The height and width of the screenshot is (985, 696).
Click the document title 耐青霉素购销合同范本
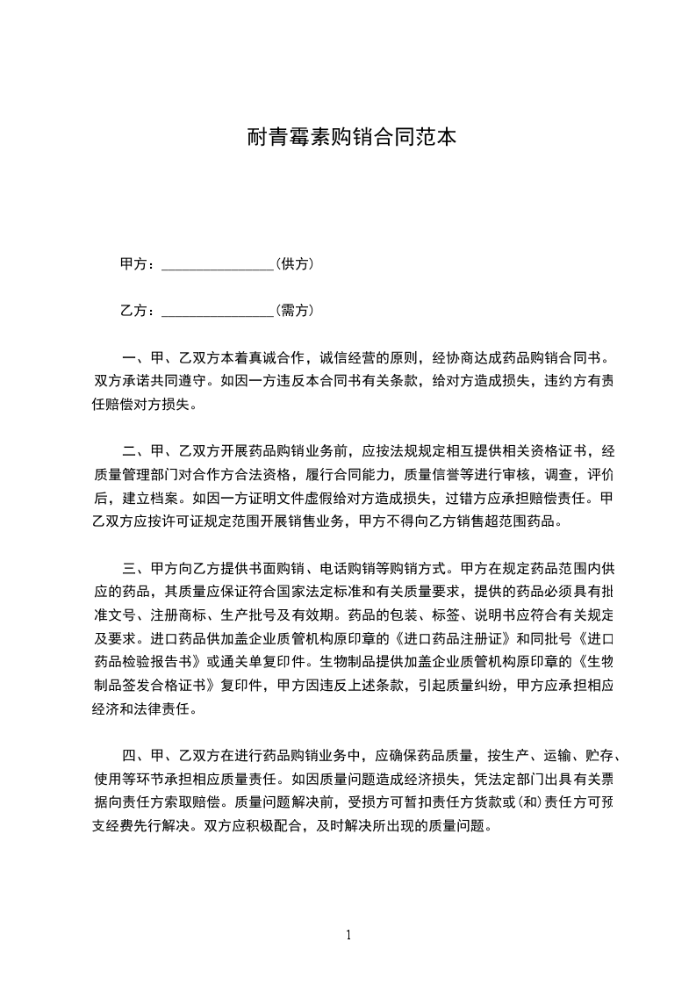click(x=348, y=138)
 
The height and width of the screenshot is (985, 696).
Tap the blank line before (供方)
click(x=219, y=264)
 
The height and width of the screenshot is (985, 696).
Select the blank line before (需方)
click(x=219, y=311)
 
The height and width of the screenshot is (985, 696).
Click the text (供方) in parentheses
click(x=295, y=263)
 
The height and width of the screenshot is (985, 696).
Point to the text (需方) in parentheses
click(x=295, y=310)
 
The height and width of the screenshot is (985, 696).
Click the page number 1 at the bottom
click(x=348, y=934)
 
